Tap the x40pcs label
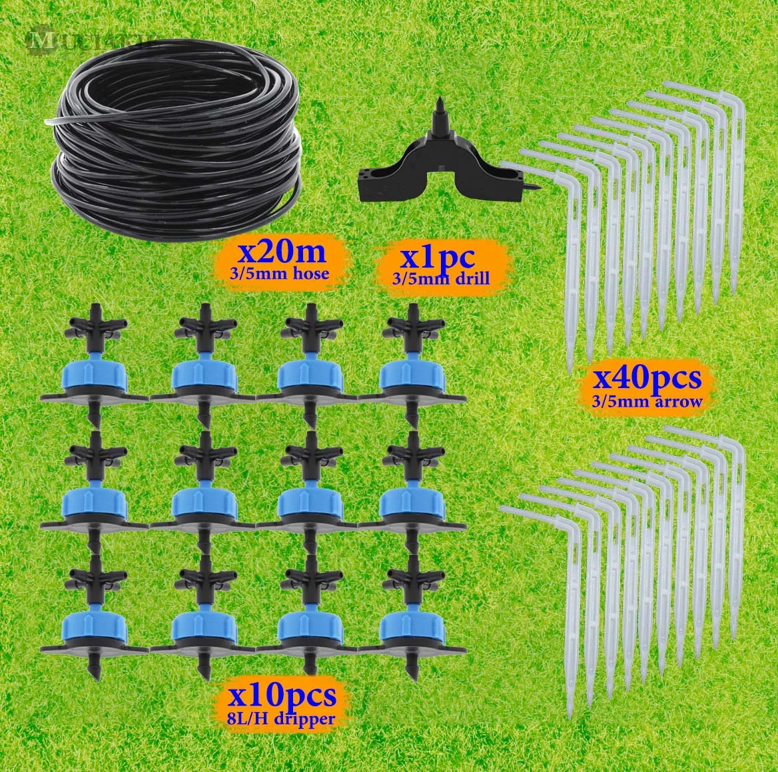point(648,378)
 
